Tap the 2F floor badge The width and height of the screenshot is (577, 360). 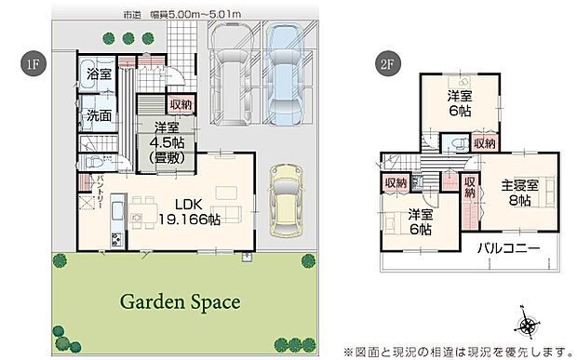tap(384, 65)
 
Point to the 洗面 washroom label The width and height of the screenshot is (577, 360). tap(100, 117)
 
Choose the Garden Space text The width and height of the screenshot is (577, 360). tap(180, 301)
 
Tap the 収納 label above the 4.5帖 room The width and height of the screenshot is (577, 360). tap(181, 104)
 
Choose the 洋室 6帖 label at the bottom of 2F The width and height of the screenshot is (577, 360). tap(421, 222)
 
